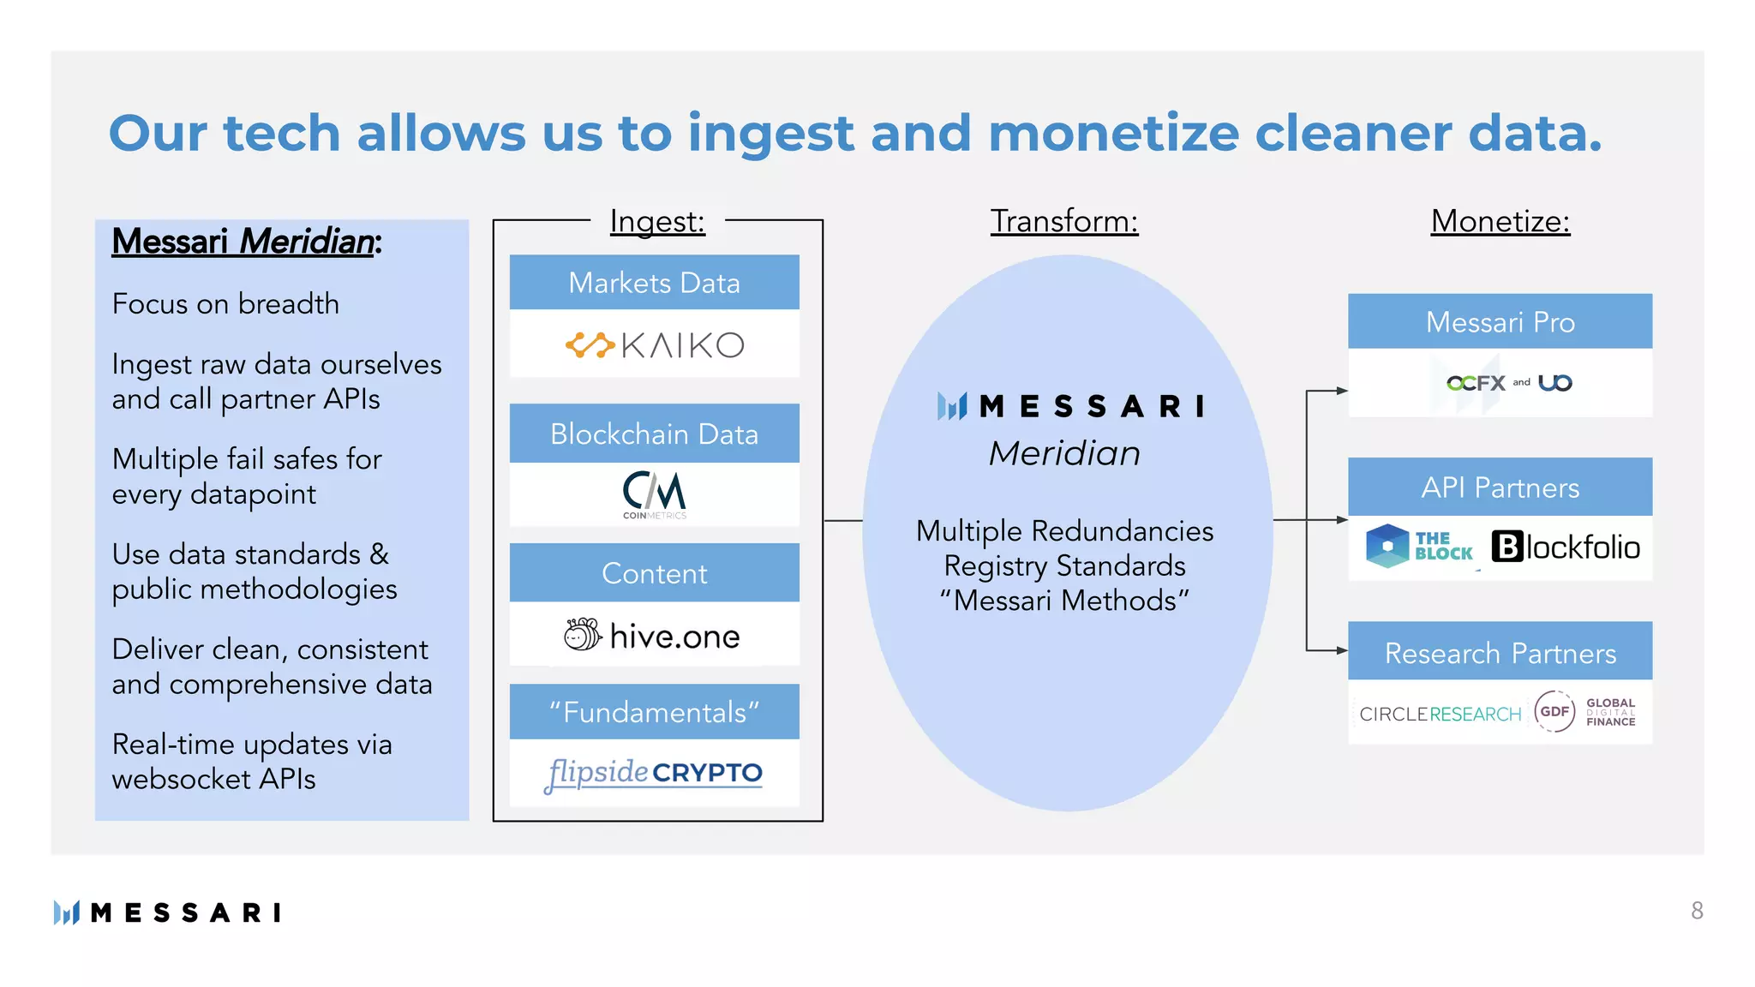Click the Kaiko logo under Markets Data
(x=655, y=345)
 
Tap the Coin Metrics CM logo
(x=655, y=495)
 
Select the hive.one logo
(x=653, y=636)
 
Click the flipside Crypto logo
(x=654, y=773)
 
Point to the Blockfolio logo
(x=1566, y=547)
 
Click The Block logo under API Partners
(x=1419, y=547)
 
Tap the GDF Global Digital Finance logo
(x=1585, y=712)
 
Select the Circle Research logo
(x=1440, y=714)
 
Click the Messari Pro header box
(x=1500, y=322)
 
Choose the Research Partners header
(x=1500, y=653)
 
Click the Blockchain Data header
(x=654, y=434)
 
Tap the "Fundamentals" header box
(x=654, y=712)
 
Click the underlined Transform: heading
(x=1064, y=221)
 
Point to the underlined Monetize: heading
(x=1500, y=221)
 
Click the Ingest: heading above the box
(x=657, y=221)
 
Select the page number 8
(x=1697, y=911)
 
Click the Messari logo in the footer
(x=167, y=912)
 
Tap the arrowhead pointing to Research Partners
(x=1342, y=650)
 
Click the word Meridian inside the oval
(x=1064, y=453)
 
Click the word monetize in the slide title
(x=1113, y=134)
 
